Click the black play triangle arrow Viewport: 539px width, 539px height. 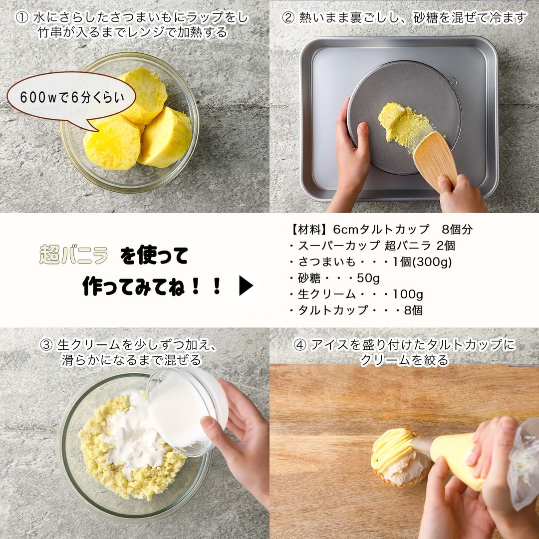point(246,285)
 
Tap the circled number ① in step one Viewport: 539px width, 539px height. point(22,18)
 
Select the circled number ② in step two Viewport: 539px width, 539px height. point(288,18)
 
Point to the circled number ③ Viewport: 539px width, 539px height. point(46,345)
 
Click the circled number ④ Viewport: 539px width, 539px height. point(300,345)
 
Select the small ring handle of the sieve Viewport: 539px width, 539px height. point(453,81)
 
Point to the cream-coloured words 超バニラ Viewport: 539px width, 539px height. point(73,255)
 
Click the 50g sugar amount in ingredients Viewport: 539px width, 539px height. point(368,278)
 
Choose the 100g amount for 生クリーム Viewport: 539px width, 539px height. point(408,294)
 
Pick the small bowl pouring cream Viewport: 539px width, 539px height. point(187,411)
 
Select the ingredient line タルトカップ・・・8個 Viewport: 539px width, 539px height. point(356,310)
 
